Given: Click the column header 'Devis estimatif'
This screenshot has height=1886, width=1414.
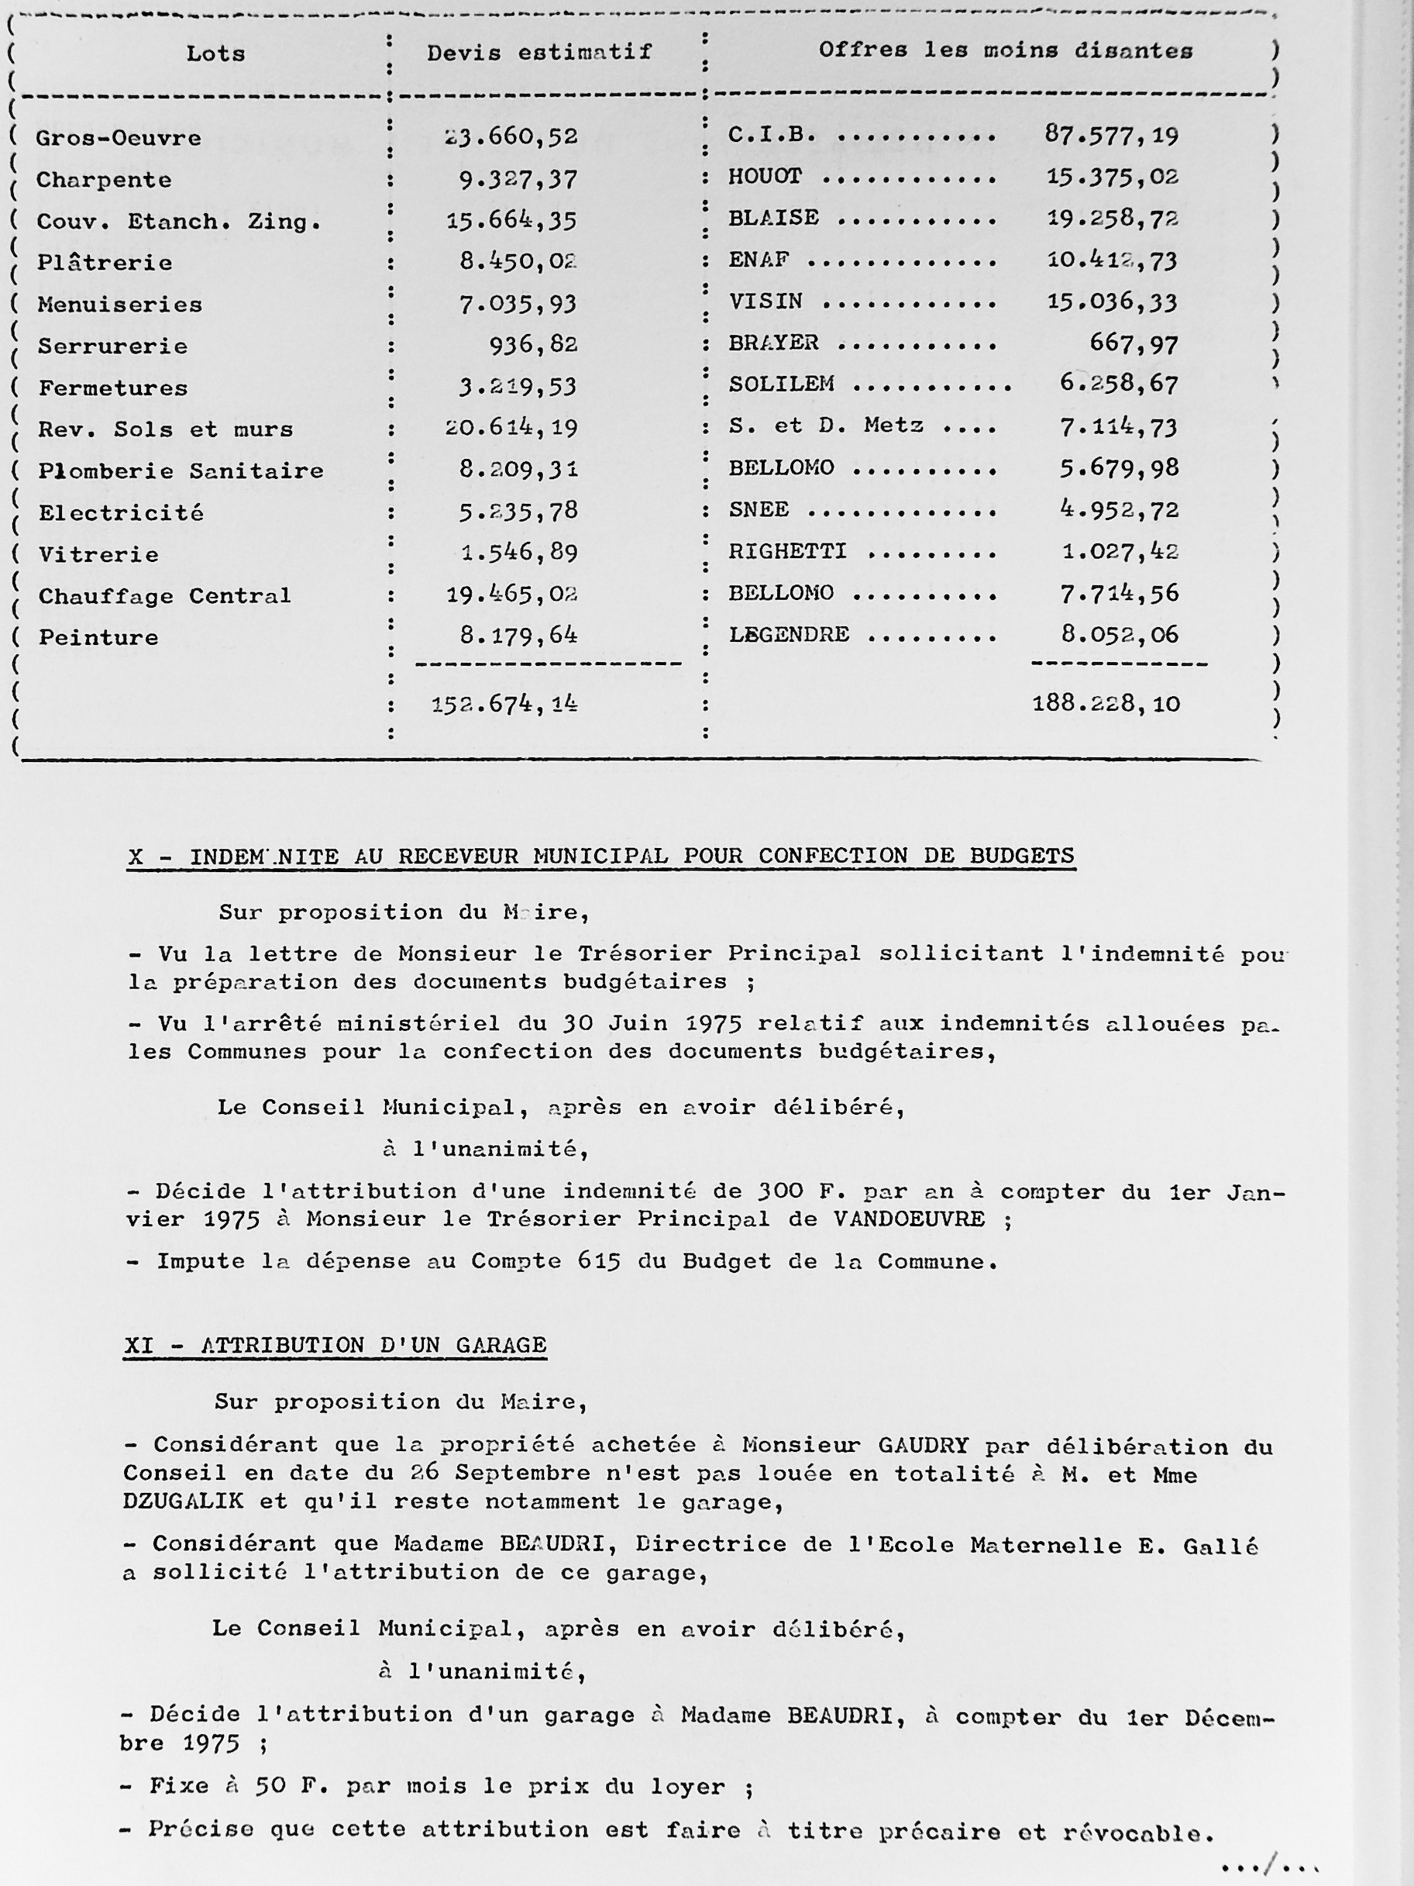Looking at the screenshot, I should coord(538,53).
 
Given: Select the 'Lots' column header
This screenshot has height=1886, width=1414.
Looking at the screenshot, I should coord(215,53).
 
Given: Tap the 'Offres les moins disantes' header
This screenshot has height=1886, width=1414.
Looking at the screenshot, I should coord(1006,50).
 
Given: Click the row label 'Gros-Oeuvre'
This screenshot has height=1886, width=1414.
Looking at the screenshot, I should coord(119,138).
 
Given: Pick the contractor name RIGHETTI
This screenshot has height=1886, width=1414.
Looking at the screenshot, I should coord(787,552).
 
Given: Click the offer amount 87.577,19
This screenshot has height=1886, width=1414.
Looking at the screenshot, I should coord(1111,135).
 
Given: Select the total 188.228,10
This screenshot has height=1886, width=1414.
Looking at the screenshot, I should coord(1106,703).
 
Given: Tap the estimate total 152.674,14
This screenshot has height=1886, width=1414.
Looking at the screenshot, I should coord(504,705).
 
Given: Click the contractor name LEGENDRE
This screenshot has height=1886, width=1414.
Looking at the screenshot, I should coord(789,634).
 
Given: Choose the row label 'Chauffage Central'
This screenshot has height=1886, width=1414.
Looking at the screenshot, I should coord(164,596).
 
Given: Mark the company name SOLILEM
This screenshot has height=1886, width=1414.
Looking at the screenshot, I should coord(781,384).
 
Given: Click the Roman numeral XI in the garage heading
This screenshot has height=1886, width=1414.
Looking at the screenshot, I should coord(139,1345).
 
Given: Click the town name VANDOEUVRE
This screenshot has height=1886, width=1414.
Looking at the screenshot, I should coord(909,1219).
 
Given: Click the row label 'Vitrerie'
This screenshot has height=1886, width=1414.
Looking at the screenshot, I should coord(99,555).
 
